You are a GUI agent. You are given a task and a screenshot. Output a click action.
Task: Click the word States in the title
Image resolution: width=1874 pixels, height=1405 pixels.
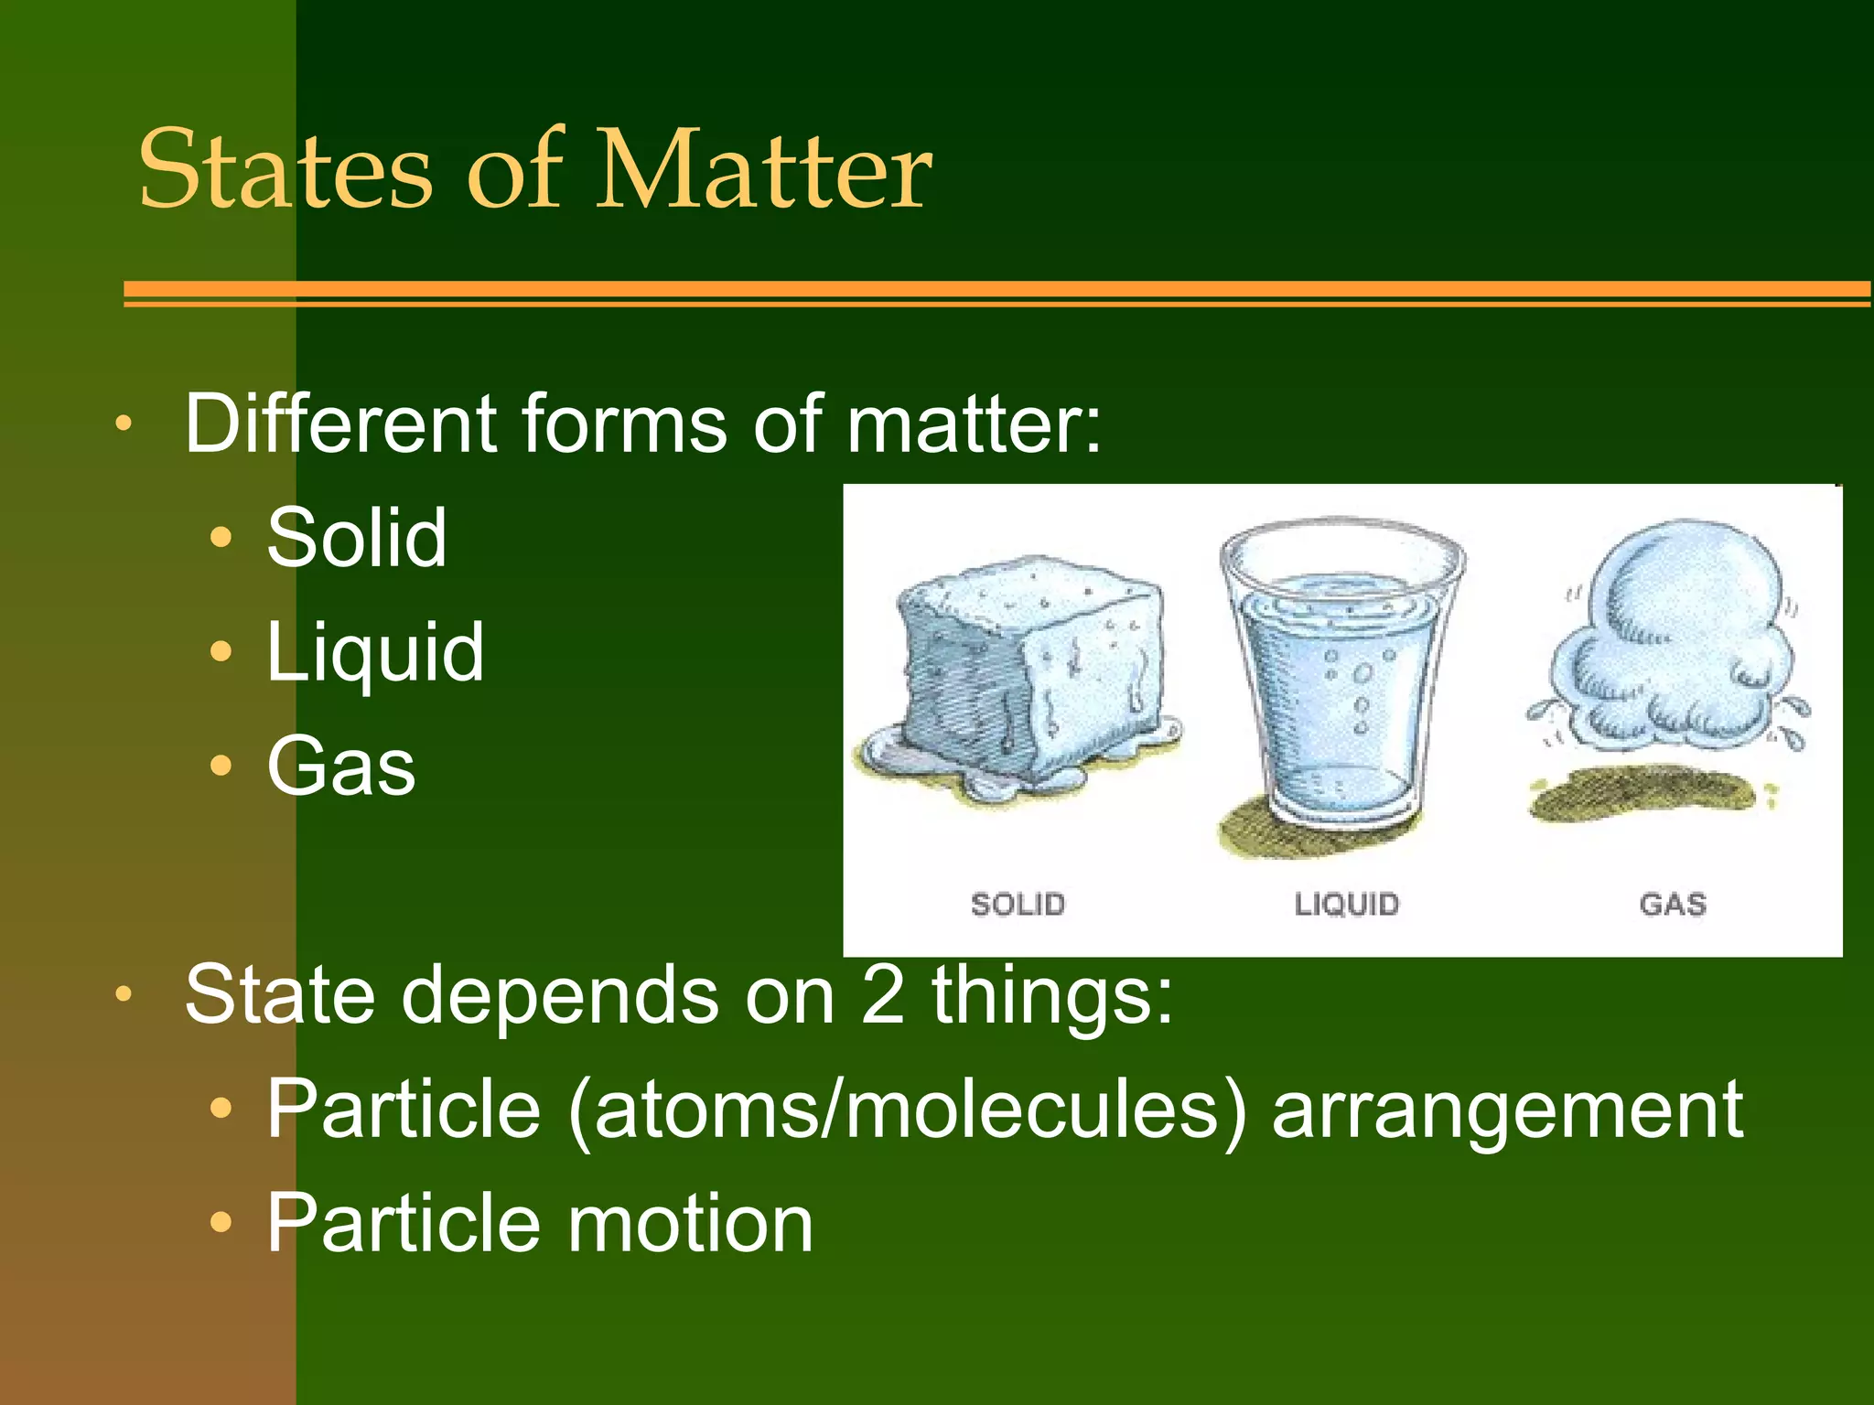pyautogui.click(x=285, y=171)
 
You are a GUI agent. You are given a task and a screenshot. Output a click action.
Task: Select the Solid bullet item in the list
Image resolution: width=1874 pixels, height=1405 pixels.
pyautogui.click(x=357, y=538)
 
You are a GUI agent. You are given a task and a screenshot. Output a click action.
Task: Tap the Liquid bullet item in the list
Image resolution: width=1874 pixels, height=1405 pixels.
pyautogui.click(x=375, y=652)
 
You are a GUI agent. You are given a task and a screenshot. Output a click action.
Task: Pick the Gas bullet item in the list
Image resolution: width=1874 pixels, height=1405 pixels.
pyautogui.click(x=341, y=767)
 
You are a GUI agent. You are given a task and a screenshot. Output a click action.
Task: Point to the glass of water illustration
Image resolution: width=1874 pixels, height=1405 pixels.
pyautogui.click(x=1341, y=677)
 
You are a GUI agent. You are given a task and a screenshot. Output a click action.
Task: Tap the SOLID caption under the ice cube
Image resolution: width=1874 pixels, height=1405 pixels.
pyautogui.click(x=1018, y=905)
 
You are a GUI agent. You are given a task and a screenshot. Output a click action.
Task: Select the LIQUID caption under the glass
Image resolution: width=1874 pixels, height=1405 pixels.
pyautogui.click(x=1346, y=905)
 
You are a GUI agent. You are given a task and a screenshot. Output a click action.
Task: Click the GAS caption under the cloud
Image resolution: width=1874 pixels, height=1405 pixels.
pyautogui.click(x=1673, y=905)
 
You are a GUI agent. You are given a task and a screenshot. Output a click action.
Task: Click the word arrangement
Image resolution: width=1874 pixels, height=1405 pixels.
pyautogui.click(x=1508, y=1110)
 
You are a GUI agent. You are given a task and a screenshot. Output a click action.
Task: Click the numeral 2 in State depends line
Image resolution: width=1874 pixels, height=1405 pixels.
pyautogui.click(x=882, y=995)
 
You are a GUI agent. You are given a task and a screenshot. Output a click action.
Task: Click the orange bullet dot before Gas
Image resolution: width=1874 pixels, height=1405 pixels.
pyautogui.click(x=221, y=766)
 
